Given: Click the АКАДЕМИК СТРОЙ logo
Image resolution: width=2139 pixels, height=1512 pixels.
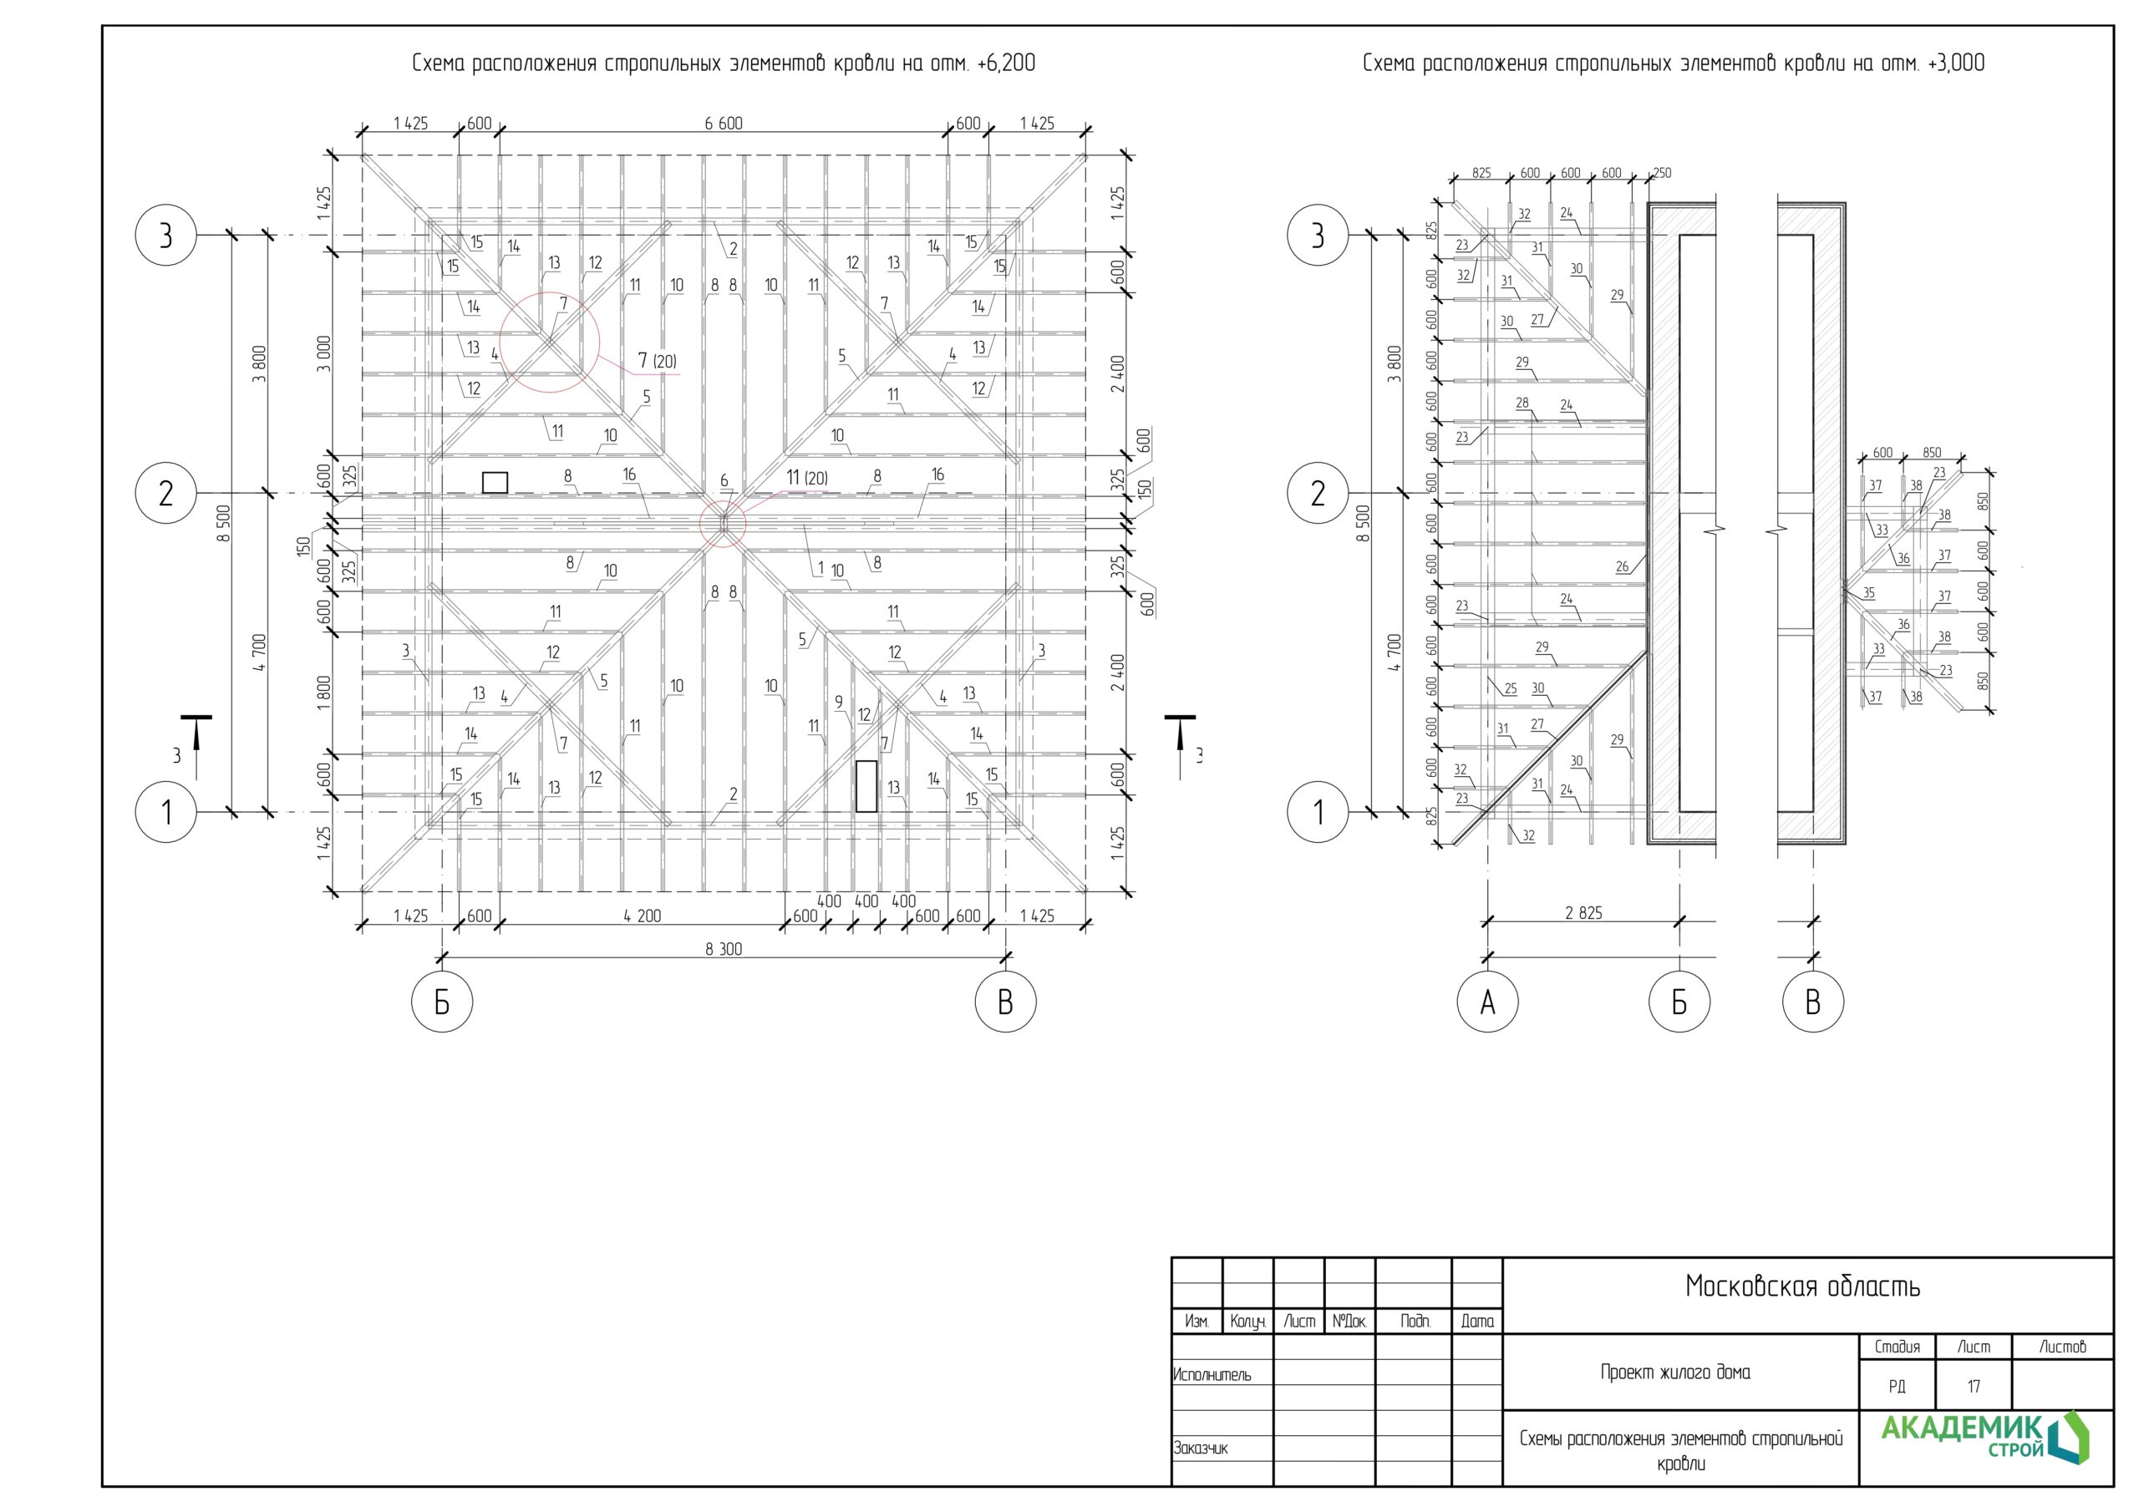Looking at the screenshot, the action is pos(1984,1438).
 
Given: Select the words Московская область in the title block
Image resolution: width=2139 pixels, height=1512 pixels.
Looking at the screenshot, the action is pos(1802,1286).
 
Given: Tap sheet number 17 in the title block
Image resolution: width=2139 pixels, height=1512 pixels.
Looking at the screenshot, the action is pos(1974,1386).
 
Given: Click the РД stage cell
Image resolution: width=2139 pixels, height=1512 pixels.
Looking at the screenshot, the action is pos(1897,1386).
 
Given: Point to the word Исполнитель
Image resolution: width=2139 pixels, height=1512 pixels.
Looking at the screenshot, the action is pos(1212,1374).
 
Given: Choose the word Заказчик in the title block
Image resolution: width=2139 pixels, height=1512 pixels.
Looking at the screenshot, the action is pos(1201,1448).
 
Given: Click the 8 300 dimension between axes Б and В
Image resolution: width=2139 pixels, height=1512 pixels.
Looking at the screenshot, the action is pos(724,948).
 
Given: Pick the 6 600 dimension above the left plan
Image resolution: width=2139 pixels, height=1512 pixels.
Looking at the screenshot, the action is pos(724,123).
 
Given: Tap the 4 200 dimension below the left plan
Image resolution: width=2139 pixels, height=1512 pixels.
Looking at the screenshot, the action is pos(642,916).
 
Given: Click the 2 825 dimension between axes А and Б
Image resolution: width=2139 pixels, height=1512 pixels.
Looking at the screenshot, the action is pos(1583,913).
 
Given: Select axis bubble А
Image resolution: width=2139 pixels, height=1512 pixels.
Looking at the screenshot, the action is pos(1488,1002).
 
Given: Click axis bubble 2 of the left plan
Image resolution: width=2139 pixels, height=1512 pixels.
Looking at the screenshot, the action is pos(165,493).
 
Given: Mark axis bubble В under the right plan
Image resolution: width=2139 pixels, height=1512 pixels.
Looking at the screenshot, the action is pos(1813,1002).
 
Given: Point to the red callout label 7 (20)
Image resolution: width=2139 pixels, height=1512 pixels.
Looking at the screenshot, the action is pos(657,361).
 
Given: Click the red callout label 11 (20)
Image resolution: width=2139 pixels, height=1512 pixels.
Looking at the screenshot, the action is pos(807,478).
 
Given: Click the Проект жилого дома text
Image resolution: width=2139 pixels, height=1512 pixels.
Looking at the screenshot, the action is pos(1675,1372).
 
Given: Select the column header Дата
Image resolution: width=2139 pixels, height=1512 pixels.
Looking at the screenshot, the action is pos(1476,1321).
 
